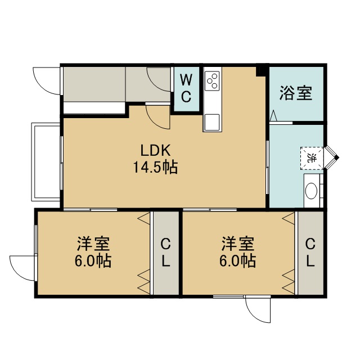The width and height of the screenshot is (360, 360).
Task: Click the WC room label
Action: click(186, 88)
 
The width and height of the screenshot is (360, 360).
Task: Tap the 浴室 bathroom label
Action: click(296, 93)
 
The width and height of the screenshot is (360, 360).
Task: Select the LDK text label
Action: click(155, 150)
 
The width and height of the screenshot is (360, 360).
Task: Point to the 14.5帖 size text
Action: click(155, 167)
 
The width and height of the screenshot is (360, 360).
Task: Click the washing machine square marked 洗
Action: click(312, 158)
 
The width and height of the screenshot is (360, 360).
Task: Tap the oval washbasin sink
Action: click(311, 191)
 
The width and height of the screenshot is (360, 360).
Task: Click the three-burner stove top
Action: click(213, 80)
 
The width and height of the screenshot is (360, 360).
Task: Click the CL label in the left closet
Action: click(165, 253)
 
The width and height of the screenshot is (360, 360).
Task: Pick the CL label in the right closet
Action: click(310, 253)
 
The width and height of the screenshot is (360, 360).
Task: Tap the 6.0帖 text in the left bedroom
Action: click(93, 260)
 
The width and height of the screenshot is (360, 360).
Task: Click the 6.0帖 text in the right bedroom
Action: click(237, 260)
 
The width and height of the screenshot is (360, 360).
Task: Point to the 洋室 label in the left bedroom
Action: click(93, 244)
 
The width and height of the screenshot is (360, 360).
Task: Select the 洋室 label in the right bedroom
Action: click(238, 244)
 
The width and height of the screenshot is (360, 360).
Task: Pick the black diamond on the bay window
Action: click(336, 157)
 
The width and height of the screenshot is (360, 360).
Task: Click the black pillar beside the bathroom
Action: click(261, 70)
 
